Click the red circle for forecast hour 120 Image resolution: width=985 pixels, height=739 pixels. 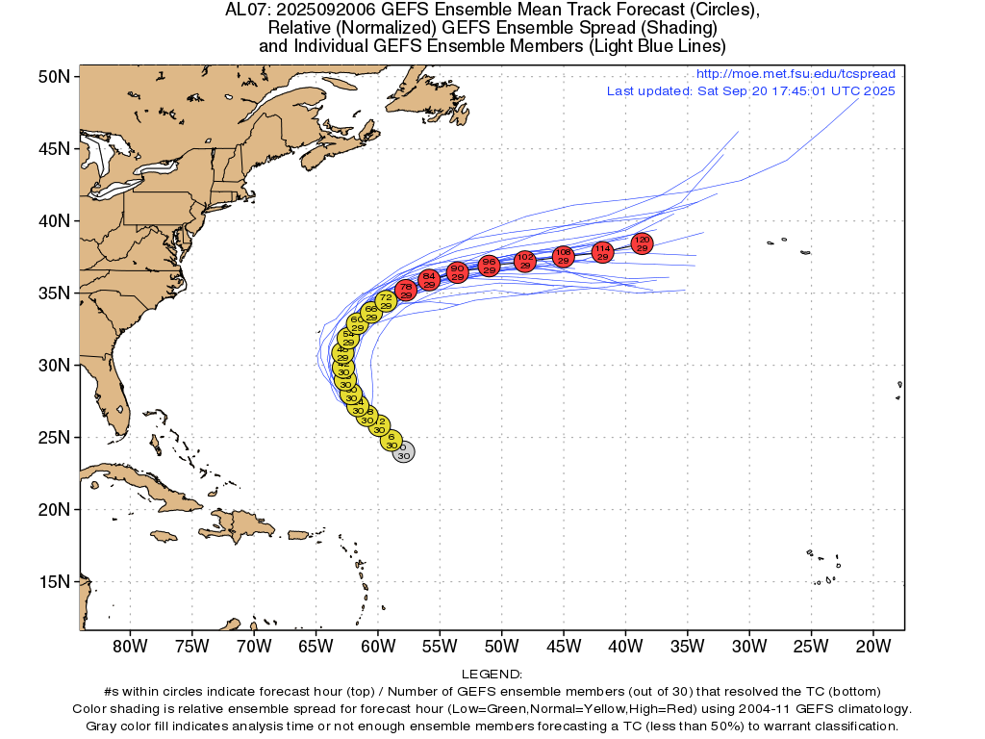click(643, 243)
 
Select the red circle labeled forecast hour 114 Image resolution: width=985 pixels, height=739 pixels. click(603, 252)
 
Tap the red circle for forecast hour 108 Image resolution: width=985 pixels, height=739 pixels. click(564, 255)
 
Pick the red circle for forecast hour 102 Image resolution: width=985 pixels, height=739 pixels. click(525, 261)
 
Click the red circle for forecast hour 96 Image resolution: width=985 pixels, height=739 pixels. click(489, 266)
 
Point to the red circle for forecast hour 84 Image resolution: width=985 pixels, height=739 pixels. click(430, 280)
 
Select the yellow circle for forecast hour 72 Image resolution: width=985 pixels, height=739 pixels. click(386, 301)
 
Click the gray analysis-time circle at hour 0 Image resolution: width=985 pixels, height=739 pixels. click(404, 451)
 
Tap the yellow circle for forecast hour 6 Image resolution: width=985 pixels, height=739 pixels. click(391, 441)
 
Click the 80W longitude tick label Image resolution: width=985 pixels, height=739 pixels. click(129, 645)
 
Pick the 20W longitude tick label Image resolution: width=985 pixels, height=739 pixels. click(871, 645)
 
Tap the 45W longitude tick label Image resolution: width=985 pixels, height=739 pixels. click(563, 645)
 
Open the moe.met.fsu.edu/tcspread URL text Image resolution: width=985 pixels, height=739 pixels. click(795, 74)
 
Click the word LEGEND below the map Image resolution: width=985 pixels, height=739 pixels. click(492, 675)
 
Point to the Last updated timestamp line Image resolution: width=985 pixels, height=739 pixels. click(750, 90)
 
